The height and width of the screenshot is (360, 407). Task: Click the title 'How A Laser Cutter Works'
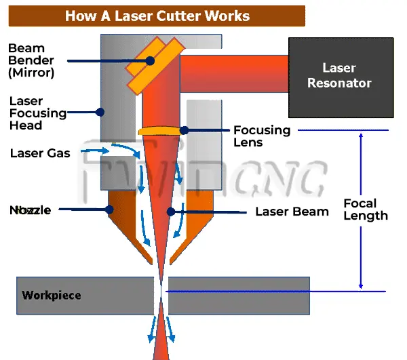tap(157, 16)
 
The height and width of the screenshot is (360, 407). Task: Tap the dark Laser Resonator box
tap(341, 77)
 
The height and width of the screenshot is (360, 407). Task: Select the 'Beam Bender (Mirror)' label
tap(31, 60)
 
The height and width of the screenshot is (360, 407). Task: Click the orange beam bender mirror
tap(155, 65)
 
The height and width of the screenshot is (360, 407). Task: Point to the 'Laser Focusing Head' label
tap(38, 113)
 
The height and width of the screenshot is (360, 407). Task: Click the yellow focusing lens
tap(159, 130)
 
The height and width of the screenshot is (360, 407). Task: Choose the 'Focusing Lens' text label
tap(262, 136)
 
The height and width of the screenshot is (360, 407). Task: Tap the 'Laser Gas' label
tap(40, 153)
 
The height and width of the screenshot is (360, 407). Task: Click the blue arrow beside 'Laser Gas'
tap(95, 151)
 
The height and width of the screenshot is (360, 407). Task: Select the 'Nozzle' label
tap(30, 210)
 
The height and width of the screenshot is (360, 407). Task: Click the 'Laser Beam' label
tap(292, 212)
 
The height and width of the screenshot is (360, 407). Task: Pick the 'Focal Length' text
tap(366, 209)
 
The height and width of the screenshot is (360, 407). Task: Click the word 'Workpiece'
tap(52, 295)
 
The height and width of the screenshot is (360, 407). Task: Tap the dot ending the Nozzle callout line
tap(109, 209)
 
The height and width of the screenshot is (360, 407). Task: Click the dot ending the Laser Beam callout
tap(171, 212)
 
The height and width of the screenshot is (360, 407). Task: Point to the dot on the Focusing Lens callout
tap(184, 130)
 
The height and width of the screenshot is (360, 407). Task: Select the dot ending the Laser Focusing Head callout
tap(100, 113)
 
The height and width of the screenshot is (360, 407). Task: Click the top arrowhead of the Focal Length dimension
tap(361, 136)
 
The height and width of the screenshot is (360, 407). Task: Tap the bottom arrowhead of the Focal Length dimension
tap(361, 286)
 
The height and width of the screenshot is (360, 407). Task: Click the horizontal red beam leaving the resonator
tap(234, 74)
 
